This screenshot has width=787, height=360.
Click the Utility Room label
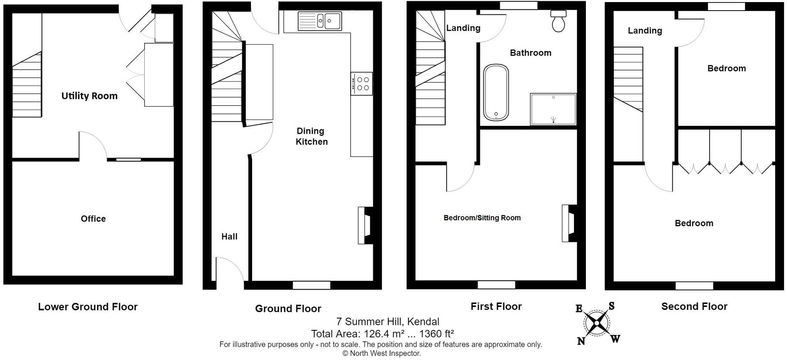[x=90, y=96]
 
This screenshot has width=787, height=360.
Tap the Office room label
[x=93, y=219]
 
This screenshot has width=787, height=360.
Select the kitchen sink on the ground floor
[x=320, y=21]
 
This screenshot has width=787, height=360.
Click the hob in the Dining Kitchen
[x=362, y=84]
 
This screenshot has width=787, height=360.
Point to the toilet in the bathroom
[x=558, y=21]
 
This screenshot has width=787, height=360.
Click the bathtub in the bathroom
[x=496, y=93]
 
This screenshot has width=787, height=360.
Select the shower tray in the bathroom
[x=554, y=110]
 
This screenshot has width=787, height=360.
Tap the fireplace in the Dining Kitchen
[x=365, y=225]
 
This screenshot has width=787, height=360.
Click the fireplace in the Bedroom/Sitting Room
[x=569, y=223]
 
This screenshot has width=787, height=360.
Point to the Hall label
[x=229, y=236]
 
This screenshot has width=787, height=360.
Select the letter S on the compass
[x=611, y=306]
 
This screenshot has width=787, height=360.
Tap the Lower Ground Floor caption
[x=88, y=307]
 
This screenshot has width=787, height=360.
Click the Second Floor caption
[x=694, y=307]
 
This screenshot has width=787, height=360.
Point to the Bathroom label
[x=531, y=53]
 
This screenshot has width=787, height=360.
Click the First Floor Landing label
[x=463, y=28]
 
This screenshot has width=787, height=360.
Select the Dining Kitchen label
[x=312, y=136]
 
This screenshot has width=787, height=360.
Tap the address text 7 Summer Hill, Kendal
[x=388, y=322]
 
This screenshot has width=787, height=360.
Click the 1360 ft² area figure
[x=437, y=334]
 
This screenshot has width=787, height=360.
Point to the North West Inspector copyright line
[x=382, y=353]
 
